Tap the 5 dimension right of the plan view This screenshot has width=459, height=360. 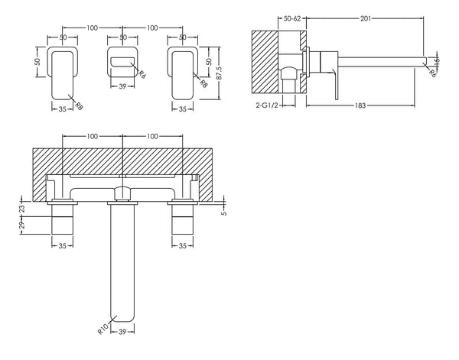pyautogui.click(x=223, y=213)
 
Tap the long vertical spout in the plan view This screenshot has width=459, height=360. pyautogui.click(x=122, y=260)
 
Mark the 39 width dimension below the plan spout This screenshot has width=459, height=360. pyautogui.click(x=122, y=333)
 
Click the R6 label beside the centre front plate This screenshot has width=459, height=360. pyautogui.click(x=142, y=74)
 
